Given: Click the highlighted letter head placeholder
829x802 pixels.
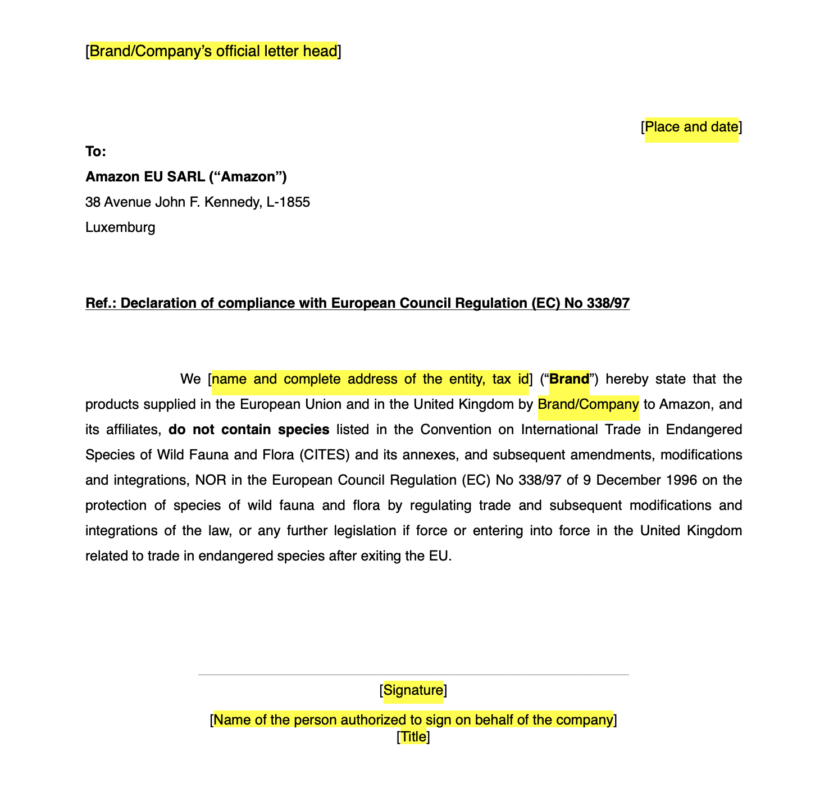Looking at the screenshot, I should [x=213, y=51].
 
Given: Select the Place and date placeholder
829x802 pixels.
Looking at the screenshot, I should [x=691, y=127].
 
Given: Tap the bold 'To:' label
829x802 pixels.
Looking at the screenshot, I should [x=95, y=152].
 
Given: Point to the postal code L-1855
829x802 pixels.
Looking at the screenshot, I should [x=288, y=202].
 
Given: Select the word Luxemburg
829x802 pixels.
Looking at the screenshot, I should [x=120, y=227].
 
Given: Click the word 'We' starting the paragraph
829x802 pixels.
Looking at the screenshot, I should [x=190, y=379].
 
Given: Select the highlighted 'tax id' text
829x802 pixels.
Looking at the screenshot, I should [x=511, y=379].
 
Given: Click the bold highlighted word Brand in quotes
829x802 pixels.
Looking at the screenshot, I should [x=569, y=379].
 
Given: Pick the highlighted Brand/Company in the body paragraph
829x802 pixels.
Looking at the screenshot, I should [x=588, y=404].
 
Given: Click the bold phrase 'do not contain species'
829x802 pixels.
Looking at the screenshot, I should [x=249, y=430].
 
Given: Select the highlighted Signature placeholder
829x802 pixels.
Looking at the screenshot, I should [x=413, y=690].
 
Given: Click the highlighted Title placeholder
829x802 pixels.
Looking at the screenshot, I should [x=413, y=737].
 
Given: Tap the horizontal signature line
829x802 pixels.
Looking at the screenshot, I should [x=413, y=675].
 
